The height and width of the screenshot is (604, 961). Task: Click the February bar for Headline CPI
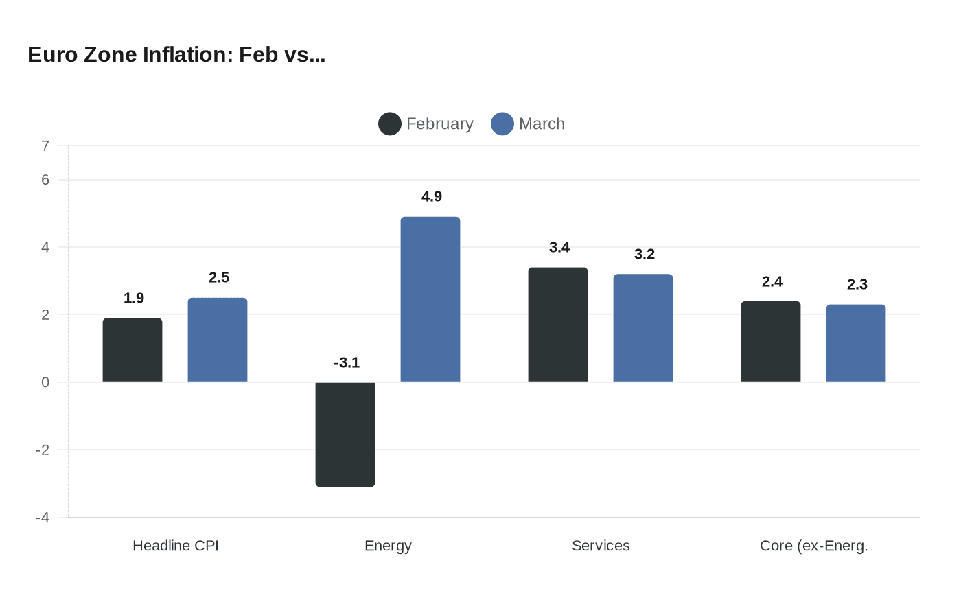pos(132,350)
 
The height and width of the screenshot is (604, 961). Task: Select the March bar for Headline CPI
pos(218,340)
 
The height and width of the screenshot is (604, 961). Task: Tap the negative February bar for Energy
pos(345,434)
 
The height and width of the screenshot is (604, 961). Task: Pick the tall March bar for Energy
pos(430,299)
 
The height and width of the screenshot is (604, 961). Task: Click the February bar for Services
pos(558,325)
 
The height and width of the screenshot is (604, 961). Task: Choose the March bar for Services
pos(643,328)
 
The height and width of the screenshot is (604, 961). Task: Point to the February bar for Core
pos(771,341)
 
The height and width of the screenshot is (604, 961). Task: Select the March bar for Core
pos(856,343)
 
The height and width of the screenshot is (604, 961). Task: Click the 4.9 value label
pos(432,197)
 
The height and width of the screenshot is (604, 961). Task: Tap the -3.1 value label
pos(347,363)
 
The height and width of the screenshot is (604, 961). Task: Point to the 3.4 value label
pos(559,248)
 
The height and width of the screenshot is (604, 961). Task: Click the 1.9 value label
pos(134,299)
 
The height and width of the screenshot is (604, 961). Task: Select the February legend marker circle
pos(390,124)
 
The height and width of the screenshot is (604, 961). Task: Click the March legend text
pos(542,124)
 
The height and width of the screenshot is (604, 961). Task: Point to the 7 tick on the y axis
pos(45,146)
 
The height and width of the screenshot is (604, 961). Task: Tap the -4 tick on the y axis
pos(43,518)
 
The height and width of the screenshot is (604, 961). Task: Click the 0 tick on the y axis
pos(45,382)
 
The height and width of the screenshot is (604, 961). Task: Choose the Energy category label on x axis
pos(388,546)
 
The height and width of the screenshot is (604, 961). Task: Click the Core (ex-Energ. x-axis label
pos(813,546)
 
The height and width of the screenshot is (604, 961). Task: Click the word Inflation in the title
pos(188,55)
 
